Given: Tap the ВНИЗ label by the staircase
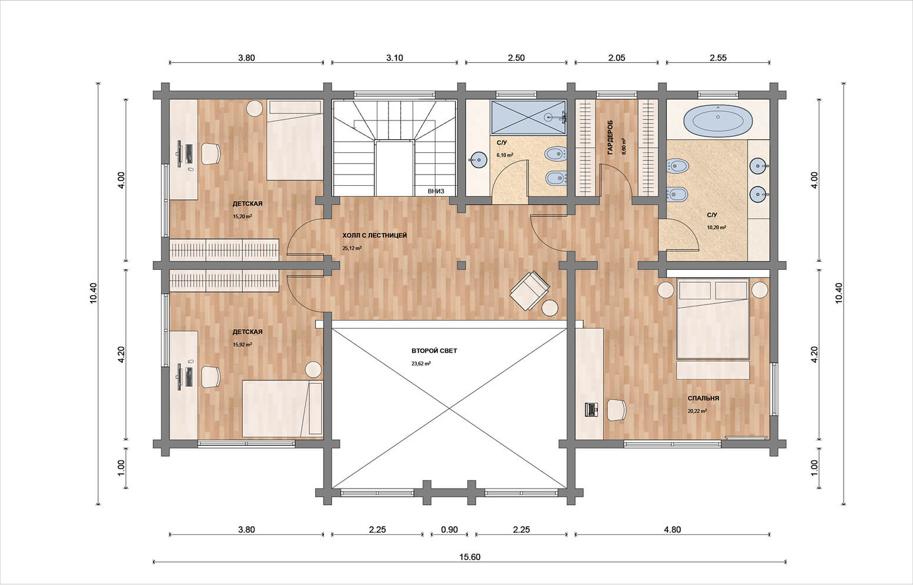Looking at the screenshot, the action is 436,191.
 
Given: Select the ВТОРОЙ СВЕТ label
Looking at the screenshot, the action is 434,350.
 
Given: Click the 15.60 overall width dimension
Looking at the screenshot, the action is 470,557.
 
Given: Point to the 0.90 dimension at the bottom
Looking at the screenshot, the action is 449,530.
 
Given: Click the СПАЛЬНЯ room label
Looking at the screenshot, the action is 704,398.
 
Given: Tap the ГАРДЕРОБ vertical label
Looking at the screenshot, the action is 610,137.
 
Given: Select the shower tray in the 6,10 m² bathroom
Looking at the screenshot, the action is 529,118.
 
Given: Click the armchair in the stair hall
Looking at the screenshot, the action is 530,290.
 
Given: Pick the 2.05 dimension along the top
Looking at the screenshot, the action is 617,58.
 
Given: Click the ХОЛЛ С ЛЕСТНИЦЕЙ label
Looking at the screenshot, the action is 374,235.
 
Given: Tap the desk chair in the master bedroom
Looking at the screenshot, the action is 617,410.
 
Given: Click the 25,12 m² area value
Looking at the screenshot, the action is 352,248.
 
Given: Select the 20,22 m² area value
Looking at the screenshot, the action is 697,411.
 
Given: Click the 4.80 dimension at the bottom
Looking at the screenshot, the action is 672,530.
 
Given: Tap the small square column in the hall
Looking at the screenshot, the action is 461,265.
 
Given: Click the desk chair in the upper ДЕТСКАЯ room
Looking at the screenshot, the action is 210,153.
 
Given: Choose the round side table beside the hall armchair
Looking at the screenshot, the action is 550,308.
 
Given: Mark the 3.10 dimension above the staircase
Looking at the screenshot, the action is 394,58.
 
